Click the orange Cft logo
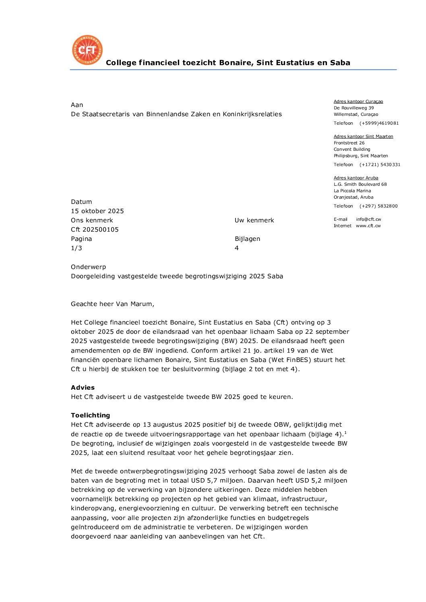pyautogui.click(x=87, y=50)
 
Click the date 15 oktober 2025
pyautogui.click(x=97, y=211)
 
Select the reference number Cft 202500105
pyautogui.click(x=95, y=230)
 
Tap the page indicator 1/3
pyautogui.click(x=77, y=248)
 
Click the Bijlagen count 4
pyautogui.click(x=237, y=248)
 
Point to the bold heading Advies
pyautogui.click(x=83, y=388)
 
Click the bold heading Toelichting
pyautogui.click(x=90, y=415)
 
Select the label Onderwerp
pyautogui.click(x=88, y=267)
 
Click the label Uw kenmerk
pyautogui.click(x=254, y=220)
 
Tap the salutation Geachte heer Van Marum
pyautogui.click(x=112, y=304)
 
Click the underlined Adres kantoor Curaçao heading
pyautogui.click(x=358, y=102)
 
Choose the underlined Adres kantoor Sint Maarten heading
pyautogui.click(x=363, y=137)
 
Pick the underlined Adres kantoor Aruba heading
pyautogui.click(x=356, y=178)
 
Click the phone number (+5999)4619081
pyautogui.click(x=379, y=123)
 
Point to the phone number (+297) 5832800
pyautogui.click(x=378, y=206)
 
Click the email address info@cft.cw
pyautogui.click(x=368, y=220)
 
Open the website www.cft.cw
pyautogui.click(x=368, y=226)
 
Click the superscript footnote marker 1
pyautogui.click(x=345, y=433)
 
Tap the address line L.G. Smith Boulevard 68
pyautogui.click(x=360, y=185)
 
